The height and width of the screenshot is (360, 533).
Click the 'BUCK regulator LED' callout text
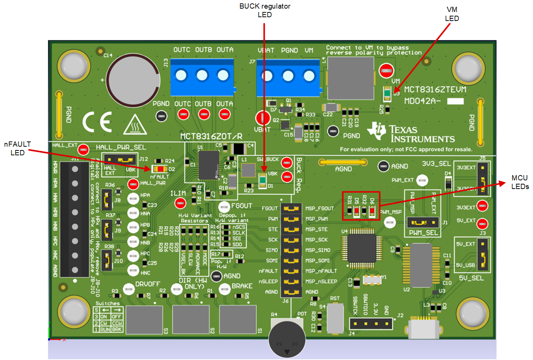point(264,10)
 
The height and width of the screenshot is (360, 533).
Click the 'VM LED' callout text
point(452,14)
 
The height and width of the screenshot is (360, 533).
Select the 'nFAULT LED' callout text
point(17,148)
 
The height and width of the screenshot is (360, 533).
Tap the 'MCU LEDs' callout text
point(520,182)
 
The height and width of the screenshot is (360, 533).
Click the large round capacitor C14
point(133,81)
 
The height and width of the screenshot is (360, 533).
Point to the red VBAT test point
point(263,118)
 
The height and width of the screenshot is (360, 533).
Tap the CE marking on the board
point(97,122)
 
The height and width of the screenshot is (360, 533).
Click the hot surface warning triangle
point(134,125)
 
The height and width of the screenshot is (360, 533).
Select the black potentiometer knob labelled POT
point(287,339)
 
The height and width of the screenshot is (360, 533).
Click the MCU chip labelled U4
point(361,247)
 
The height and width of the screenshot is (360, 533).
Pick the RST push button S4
point(335,318)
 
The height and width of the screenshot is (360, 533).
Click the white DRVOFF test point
point(129,289)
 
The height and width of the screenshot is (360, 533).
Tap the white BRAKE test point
point(224,289)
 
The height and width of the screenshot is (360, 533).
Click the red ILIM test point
point(180,203)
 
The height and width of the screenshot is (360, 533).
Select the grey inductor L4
point(351,78)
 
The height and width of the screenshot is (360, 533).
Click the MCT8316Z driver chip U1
point(209,165)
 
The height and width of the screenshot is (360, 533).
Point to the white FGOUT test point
point(224,207)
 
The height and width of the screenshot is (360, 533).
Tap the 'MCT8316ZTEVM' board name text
point(435,89)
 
